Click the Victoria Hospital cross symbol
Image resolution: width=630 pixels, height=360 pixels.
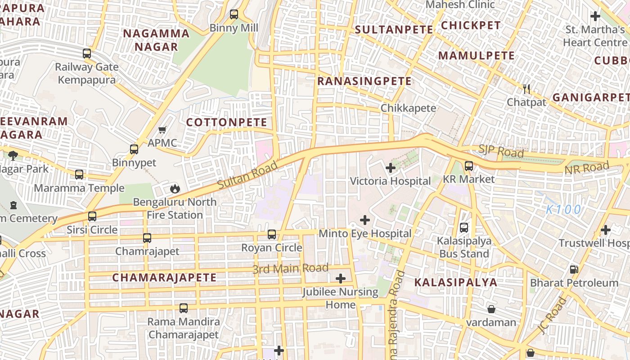click(x=391, y=168)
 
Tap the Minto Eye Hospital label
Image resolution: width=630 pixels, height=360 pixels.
click(x=365, y=234)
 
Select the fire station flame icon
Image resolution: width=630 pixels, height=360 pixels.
click(x=175, y=189)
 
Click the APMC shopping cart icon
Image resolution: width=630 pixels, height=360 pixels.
click(x=162, y=130)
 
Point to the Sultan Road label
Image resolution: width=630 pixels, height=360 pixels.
click(x=248, y=175)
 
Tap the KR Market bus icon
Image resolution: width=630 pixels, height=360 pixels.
click(x=469, y=166)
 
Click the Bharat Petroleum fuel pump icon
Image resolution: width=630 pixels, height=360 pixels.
click(x=574, y=270)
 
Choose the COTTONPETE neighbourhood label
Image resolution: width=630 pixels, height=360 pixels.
click(x=227, y=122)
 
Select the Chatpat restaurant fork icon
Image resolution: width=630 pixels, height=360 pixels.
click(x=526, y=89)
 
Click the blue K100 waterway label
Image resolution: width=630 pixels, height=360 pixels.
click(x=564, y=209)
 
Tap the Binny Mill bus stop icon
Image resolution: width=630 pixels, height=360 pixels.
click(x=234, y=14)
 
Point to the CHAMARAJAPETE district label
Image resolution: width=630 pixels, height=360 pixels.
click(x=164, y=278)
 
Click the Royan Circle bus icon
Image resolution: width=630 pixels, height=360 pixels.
click(x=272, y=234)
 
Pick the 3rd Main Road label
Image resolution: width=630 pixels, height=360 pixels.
click(x=290, y=269)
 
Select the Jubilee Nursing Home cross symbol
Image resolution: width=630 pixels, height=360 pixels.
click(x=341, y=279)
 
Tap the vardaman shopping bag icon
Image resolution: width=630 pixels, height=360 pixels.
click(x=491, y=309)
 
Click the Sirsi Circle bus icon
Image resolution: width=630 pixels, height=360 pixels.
click(x=92, y=216)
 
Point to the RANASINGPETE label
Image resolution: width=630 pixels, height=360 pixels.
click(x=364, y=81)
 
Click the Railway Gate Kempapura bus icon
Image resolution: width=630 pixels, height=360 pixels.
click(x=87, y=54)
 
